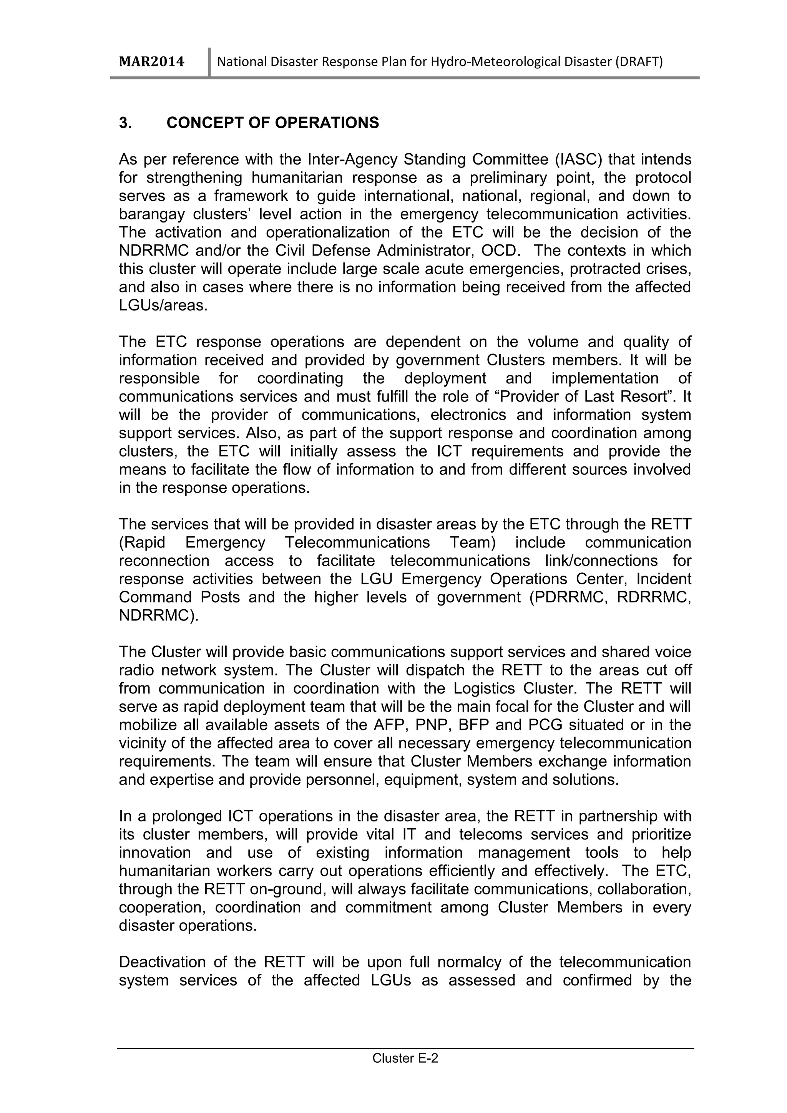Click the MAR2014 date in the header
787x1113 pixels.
(152, 62)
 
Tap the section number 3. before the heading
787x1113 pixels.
(125, 123)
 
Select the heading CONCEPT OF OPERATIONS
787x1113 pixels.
(272, 123)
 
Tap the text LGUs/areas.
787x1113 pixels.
(163, 306)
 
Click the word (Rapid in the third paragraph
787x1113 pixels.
(142, 542)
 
